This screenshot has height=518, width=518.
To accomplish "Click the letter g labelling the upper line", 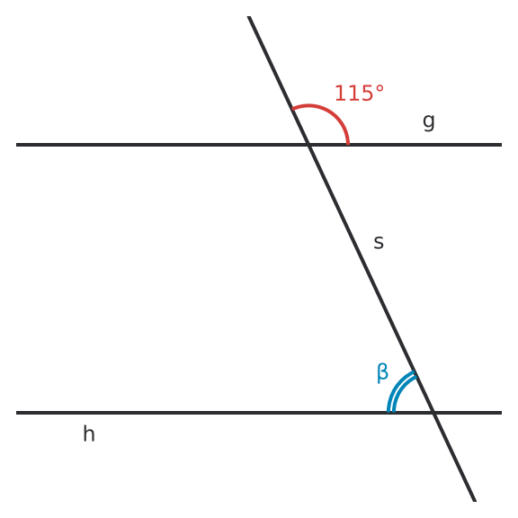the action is click(x=428, y=122).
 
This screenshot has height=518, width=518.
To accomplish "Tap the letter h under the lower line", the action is click(x=89, y=433).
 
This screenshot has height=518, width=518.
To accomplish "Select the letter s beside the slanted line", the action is click(x=379, y=242).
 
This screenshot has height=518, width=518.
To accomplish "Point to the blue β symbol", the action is click(x=382, y=372).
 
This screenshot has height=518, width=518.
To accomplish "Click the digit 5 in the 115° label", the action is click(x=368, y=93).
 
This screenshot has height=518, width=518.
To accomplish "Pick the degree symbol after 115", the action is click(x=380, y=89).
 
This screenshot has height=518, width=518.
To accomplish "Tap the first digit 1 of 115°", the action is click(x=340, y=93).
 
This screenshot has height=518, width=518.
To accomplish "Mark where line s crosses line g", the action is click(x=308, y=145).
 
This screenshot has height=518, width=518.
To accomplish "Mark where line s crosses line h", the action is click(x=433, y=413).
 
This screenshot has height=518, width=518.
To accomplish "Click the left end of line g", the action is click(x=16, y=145).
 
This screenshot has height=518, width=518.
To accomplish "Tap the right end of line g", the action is click(x=502, y=145).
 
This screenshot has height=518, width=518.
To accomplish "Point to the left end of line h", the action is click(x=16, y=413).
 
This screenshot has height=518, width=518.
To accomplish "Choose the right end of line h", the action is click(x=502, y=413).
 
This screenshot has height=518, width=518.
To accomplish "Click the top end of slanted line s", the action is click(x=249, y=16).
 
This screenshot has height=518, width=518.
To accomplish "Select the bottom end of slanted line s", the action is click(x=475, y=501).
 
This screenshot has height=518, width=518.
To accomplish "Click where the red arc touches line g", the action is click(x=348, y=144).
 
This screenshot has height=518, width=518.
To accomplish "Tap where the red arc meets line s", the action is click(x=292, y=108).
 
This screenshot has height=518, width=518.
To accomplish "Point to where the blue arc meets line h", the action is click(x=391, y=412).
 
